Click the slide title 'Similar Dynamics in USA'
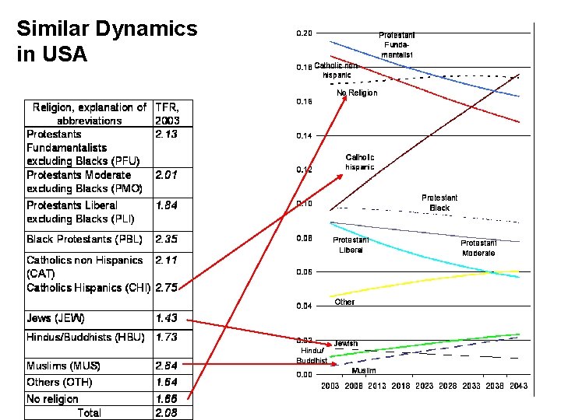(107, 42)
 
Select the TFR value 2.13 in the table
(166, 134)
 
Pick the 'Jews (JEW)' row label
(55, 318)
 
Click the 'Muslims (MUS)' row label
(63, 366)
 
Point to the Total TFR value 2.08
(166, 413)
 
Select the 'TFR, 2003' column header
(168, 114)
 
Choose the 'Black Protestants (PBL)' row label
(84, 239)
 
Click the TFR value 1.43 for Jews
(166, 318)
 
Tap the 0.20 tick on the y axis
(304, 33)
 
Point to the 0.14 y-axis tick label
(304, 136)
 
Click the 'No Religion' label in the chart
(357, 93)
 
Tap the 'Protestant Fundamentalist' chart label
(397, 45)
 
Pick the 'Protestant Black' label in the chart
(439, 203)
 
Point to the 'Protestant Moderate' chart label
(478, 248)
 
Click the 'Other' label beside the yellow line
(344, 302)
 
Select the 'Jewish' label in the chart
(346, 343)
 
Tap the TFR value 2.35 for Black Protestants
(166, 239)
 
